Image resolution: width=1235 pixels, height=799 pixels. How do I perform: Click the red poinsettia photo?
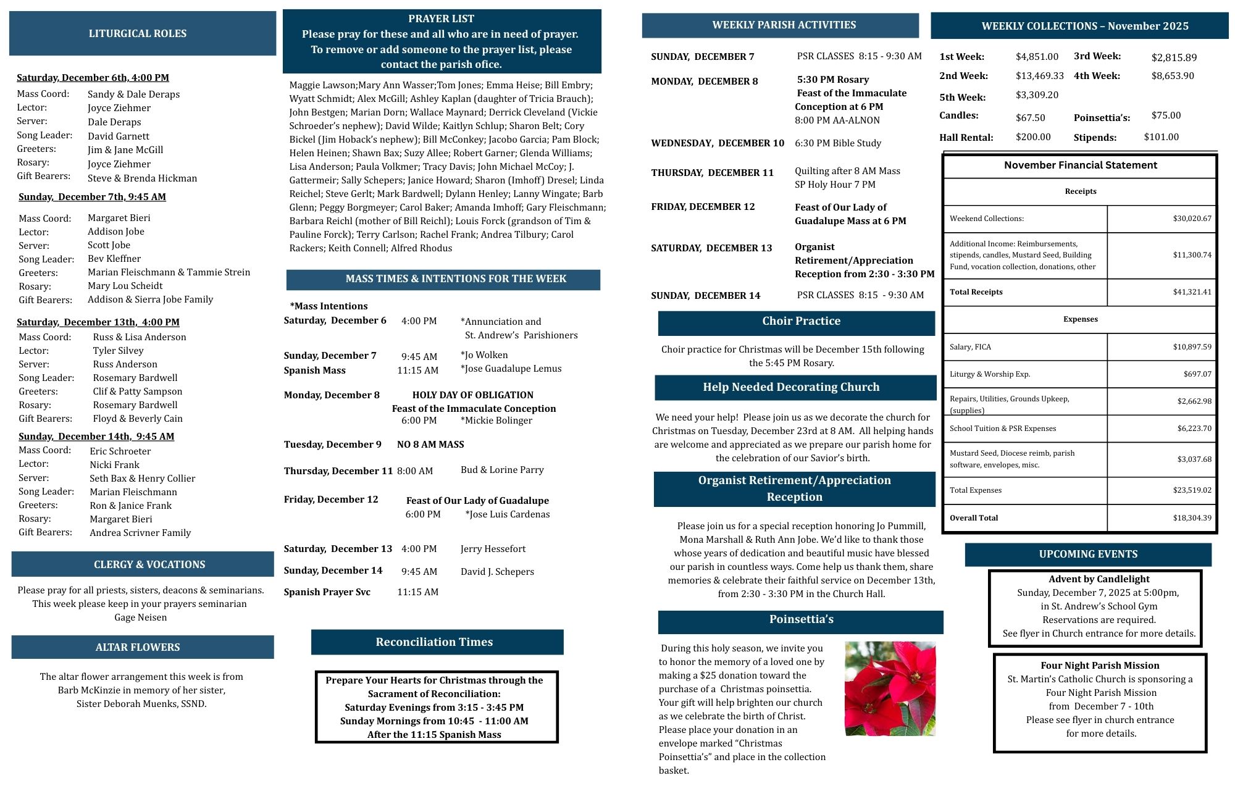click(x=890, y=688)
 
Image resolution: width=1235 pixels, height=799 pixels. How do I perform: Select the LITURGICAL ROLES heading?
click(x=138, y=33)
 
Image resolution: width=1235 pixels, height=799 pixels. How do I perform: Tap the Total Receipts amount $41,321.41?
click(x=1192, y=292)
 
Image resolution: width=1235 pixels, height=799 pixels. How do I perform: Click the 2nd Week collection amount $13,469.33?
click(x=1040, y=76)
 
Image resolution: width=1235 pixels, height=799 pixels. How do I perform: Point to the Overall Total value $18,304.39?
click(x=1192, y=518)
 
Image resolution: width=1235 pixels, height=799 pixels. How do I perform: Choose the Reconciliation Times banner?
click(x=435, y=642)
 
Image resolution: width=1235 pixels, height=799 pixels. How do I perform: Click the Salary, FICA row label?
click(x=970, y=347)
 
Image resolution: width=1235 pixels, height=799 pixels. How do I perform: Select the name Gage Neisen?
click(x=140, y=617)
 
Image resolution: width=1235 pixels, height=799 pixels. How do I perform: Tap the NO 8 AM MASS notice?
click(x=430, y=445)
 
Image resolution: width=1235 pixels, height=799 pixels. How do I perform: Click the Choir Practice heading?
click(x=801, y=321)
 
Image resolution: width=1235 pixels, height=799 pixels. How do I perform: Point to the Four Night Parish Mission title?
click(x=1100, y=666)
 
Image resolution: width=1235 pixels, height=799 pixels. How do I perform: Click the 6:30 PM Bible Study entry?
click(x=838, y=143)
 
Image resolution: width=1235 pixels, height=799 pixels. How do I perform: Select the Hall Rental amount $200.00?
click(x=1033, y=137)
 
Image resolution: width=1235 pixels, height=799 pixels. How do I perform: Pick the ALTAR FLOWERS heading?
click(x=138, y=647)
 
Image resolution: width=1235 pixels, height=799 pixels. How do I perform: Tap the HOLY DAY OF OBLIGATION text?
click(x=472, y=395)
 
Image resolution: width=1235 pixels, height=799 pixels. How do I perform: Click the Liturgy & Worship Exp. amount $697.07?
click(x=1197, y=374)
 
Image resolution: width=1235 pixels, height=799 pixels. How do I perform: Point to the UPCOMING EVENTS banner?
click(x=1088, y=554)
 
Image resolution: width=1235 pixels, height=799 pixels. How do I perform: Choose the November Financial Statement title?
click(x=1080, y=165)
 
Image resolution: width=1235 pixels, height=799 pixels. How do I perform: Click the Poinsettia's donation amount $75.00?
click(x=1166, y=115)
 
